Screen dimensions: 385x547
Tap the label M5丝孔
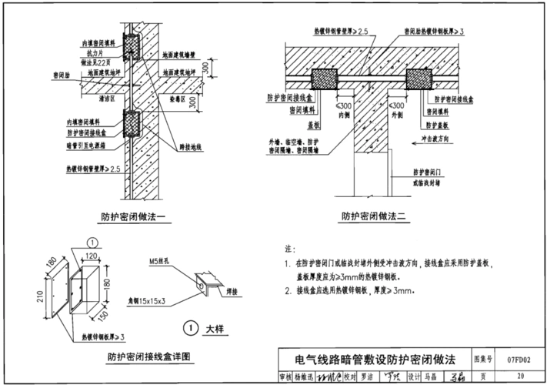pyautogui.click(x=158, y=262)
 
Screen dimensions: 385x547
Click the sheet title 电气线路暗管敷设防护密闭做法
pyautogui.click(x=375, y=360)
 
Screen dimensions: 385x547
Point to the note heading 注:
pyautogui.click(x=289, y=249)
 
